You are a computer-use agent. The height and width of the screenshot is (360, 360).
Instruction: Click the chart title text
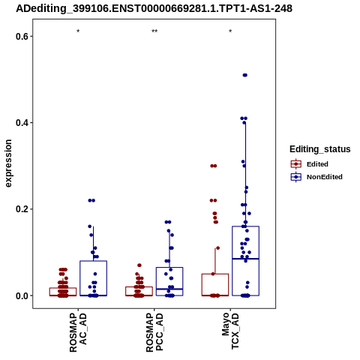[154, 9]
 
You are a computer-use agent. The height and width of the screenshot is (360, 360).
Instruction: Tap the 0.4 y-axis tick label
[21, 123]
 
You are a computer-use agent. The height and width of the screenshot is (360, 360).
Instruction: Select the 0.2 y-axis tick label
[21, 209]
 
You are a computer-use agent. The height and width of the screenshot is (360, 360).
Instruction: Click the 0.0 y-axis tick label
[21, 295]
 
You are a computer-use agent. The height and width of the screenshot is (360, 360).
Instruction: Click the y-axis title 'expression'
[8, 163]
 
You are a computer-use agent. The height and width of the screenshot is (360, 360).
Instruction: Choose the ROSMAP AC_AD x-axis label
[78, 332]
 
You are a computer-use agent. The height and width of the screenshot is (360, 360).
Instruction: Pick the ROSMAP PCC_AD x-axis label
[154, 332]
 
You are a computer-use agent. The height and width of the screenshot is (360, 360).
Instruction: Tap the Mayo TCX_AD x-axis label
[230, 331]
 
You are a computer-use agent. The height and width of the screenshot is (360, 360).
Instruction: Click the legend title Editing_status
[320, 149]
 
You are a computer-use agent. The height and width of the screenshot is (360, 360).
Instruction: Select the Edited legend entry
[309, 164]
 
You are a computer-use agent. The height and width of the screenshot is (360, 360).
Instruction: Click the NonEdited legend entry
[316, 177]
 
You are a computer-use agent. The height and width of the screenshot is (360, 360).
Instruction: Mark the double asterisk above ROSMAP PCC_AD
[154, 31]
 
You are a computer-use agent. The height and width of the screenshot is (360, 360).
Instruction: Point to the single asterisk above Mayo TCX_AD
[230, 31]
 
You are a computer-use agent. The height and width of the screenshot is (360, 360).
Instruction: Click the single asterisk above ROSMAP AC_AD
[78, 31]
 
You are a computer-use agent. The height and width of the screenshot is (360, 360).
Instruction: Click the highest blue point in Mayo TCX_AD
[245, 75]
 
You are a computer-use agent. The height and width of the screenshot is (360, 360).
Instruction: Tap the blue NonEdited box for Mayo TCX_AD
[245, 226]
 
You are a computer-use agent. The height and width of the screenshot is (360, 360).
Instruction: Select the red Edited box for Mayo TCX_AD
[215, 274]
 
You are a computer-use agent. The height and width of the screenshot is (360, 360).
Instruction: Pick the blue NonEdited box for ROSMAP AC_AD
[94, 261]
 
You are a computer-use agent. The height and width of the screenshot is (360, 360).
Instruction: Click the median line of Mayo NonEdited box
[245, 259]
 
